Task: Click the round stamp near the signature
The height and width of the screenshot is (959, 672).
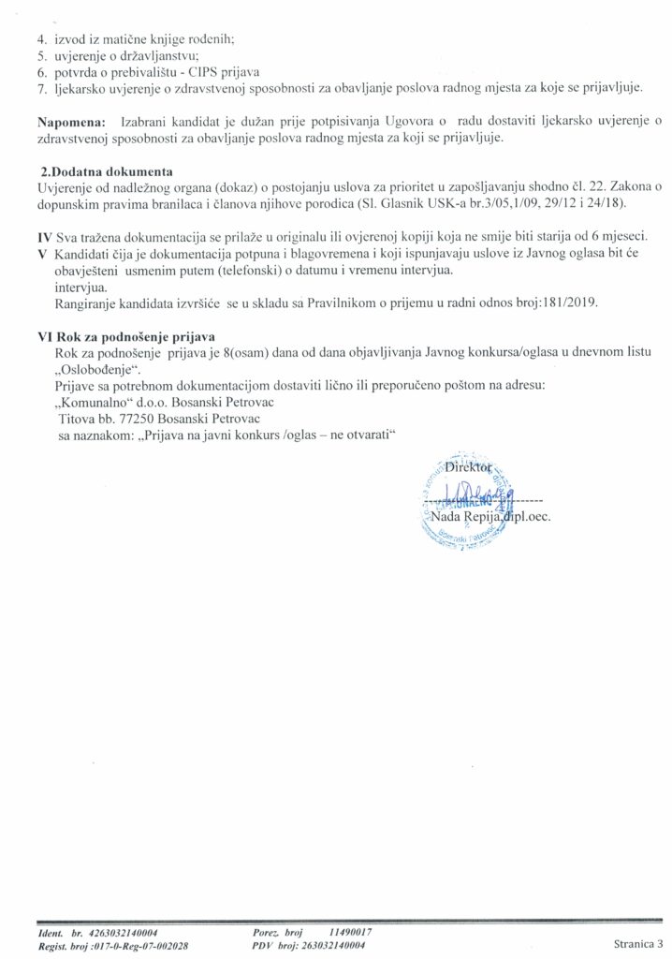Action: coord(463,501)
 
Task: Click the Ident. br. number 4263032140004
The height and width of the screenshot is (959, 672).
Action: coord(124,933)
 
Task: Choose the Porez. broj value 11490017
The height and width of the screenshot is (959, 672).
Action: coord(352,933)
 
